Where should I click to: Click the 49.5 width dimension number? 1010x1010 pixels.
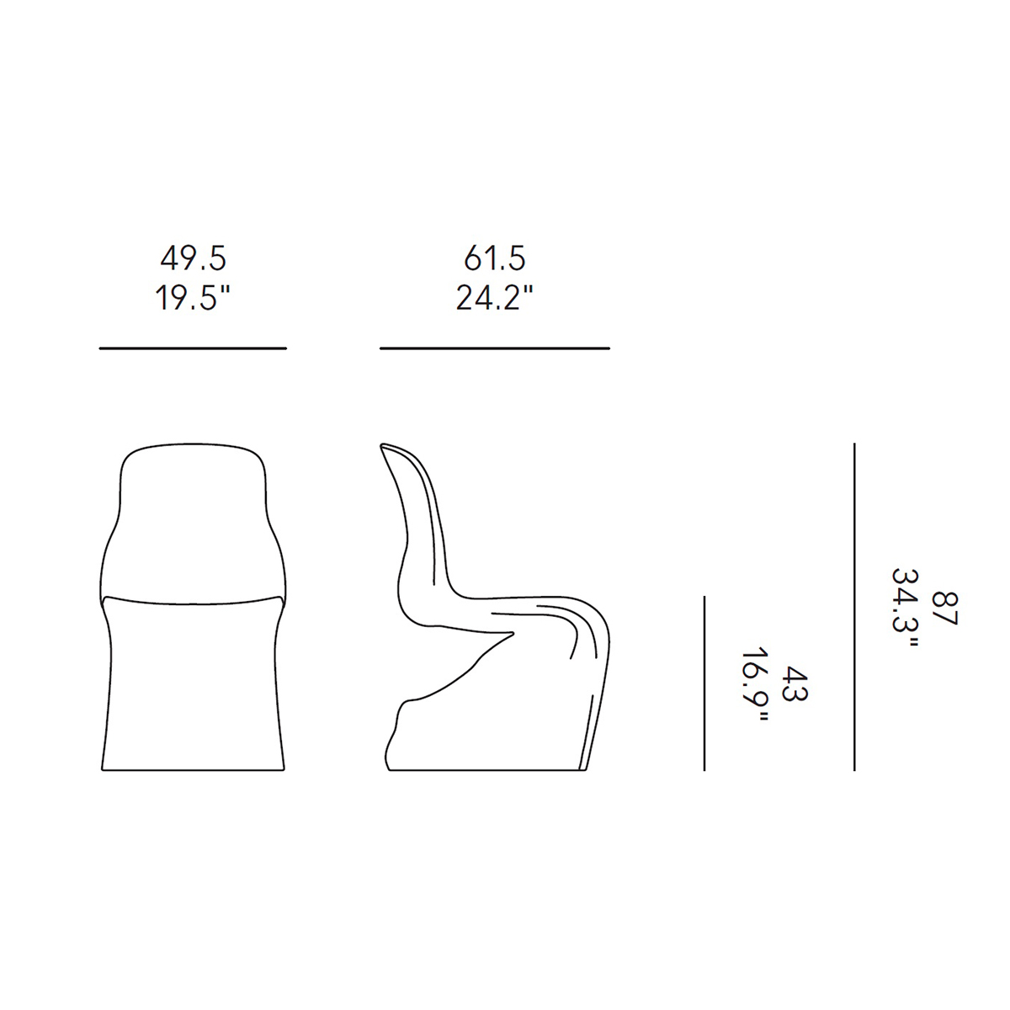point(193,258)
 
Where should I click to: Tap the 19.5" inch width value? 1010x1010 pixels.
point(193,298)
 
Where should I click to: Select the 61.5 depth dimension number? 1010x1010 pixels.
point(494,258)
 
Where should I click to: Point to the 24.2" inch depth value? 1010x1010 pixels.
point(494,298)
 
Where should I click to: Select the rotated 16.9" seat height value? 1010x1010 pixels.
point(755,683)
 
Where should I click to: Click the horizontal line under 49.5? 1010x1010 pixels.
point(193,348)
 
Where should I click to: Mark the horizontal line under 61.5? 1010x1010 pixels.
point(495,348)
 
